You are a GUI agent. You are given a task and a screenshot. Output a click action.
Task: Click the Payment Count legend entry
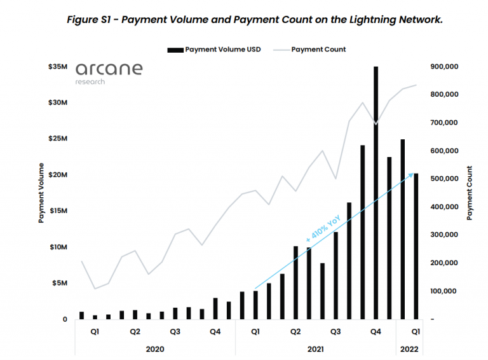click(x=318, y=50)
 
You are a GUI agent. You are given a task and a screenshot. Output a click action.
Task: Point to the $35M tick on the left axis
click(x=58, y=66)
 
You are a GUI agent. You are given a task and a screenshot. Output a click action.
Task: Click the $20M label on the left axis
click(x=58, y=175)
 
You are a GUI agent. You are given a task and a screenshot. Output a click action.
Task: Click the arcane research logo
click(x=109, y=73)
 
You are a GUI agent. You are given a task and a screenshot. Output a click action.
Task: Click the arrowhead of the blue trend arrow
click(x=413, y=174)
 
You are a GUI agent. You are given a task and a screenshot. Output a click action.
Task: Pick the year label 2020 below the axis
click(x=155, y=349)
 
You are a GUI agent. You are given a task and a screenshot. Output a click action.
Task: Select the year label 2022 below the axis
click(x=409, y=349)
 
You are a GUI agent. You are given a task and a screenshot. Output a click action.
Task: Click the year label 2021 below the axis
click(x=316, y=349)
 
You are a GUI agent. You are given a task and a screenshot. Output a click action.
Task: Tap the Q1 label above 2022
click(x=414, y=331)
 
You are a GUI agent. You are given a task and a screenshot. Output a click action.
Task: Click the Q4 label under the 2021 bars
click(x=376, y=331)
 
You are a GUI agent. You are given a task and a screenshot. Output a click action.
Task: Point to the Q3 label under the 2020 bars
click(x=175, y=331)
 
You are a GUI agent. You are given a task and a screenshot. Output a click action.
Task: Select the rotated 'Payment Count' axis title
click(x=470, y=193)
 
